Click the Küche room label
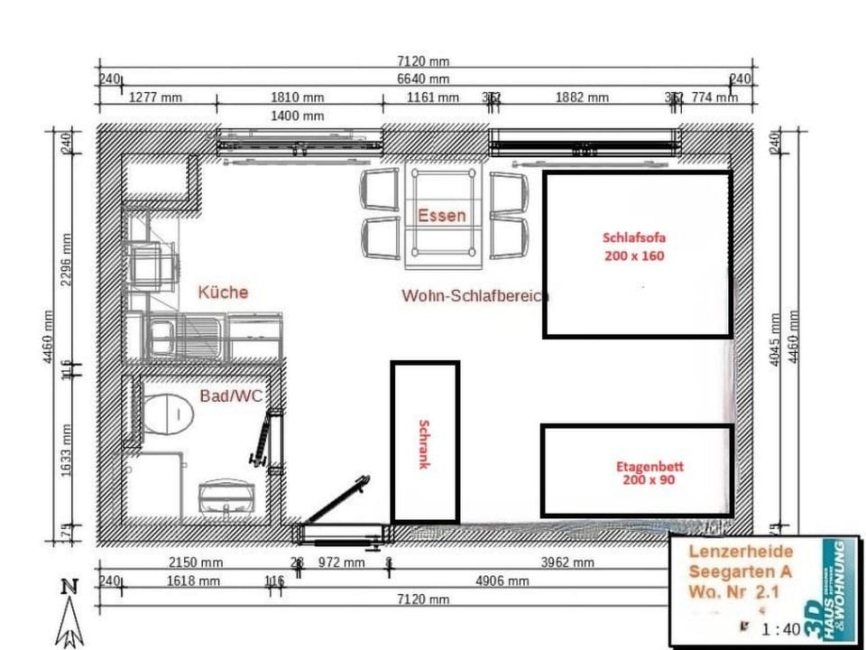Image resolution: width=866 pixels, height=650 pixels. click(x=223, y=292)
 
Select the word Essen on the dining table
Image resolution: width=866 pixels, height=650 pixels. click(x=441, y=216)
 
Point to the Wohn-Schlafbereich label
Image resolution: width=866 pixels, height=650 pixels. click(x=475, y=295)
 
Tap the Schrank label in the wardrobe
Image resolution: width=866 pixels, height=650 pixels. click(x=424, y=443)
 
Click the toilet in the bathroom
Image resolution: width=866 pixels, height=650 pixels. click(x=168, y=413)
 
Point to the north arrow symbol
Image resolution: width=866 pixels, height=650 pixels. click(x=69, y=614)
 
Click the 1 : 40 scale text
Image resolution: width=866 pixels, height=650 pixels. click(x=780, y=629)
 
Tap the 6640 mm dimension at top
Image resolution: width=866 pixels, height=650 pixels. click(x=422, y=79)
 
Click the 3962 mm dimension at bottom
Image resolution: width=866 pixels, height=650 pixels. click(x=567, y=562)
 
